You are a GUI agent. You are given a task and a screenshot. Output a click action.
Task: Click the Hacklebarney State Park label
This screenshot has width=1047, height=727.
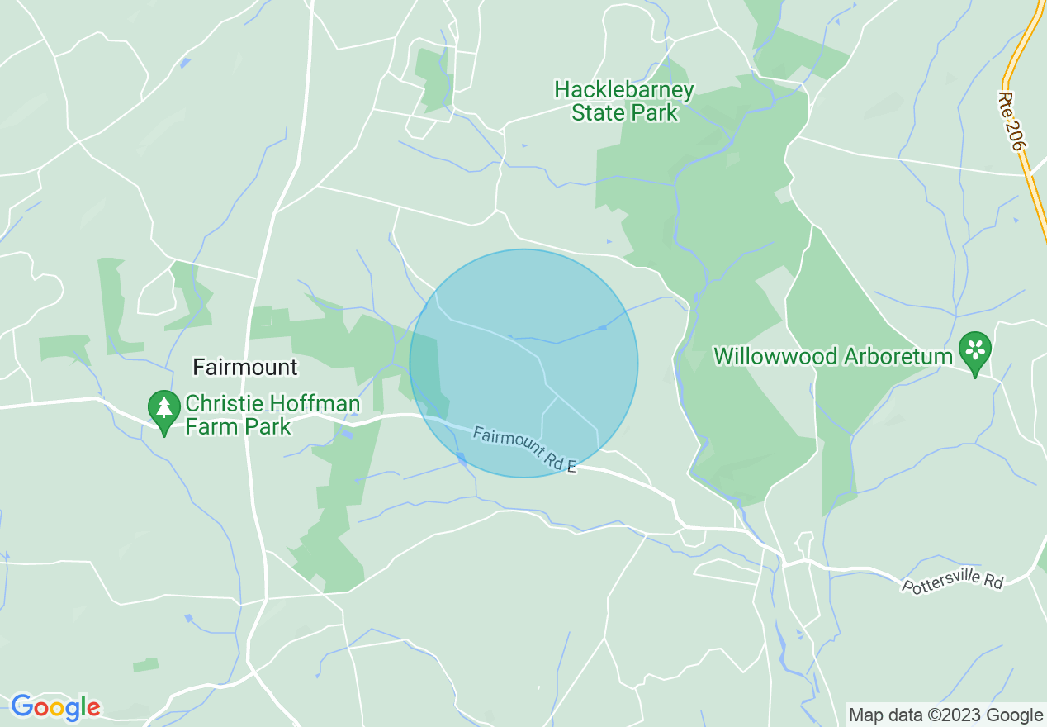coord(624,101)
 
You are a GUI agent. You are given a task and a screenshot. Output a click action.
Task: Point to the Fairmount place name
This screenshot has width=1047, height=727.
coord(244,367)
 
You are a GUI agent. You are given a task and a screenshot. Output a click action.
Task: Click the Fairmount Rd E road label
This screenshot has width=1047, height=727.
coord(523,449)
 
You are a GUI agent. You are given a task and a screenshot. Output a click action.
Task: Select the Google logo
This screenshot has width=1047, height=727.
coord(56,707)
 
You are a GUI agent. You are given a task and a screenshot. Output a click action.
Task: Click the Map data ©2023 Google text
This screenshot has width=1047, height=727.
coord(946,715)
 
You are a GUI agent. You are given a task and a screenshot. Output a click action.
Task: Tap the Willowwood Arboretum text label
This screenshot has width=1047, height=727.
coord(832,357)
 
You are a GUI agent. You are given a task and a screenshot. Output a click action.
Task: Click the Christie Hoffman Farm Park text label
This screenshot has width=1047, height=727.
coord(272,416)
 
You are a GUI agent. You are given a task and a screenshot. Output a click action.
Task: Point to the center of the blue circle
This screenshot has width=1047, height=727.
coord(523,363)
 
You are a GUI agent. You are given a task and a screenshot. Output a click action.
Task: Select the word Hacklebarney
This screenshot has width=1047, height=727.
coord(624,89)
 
